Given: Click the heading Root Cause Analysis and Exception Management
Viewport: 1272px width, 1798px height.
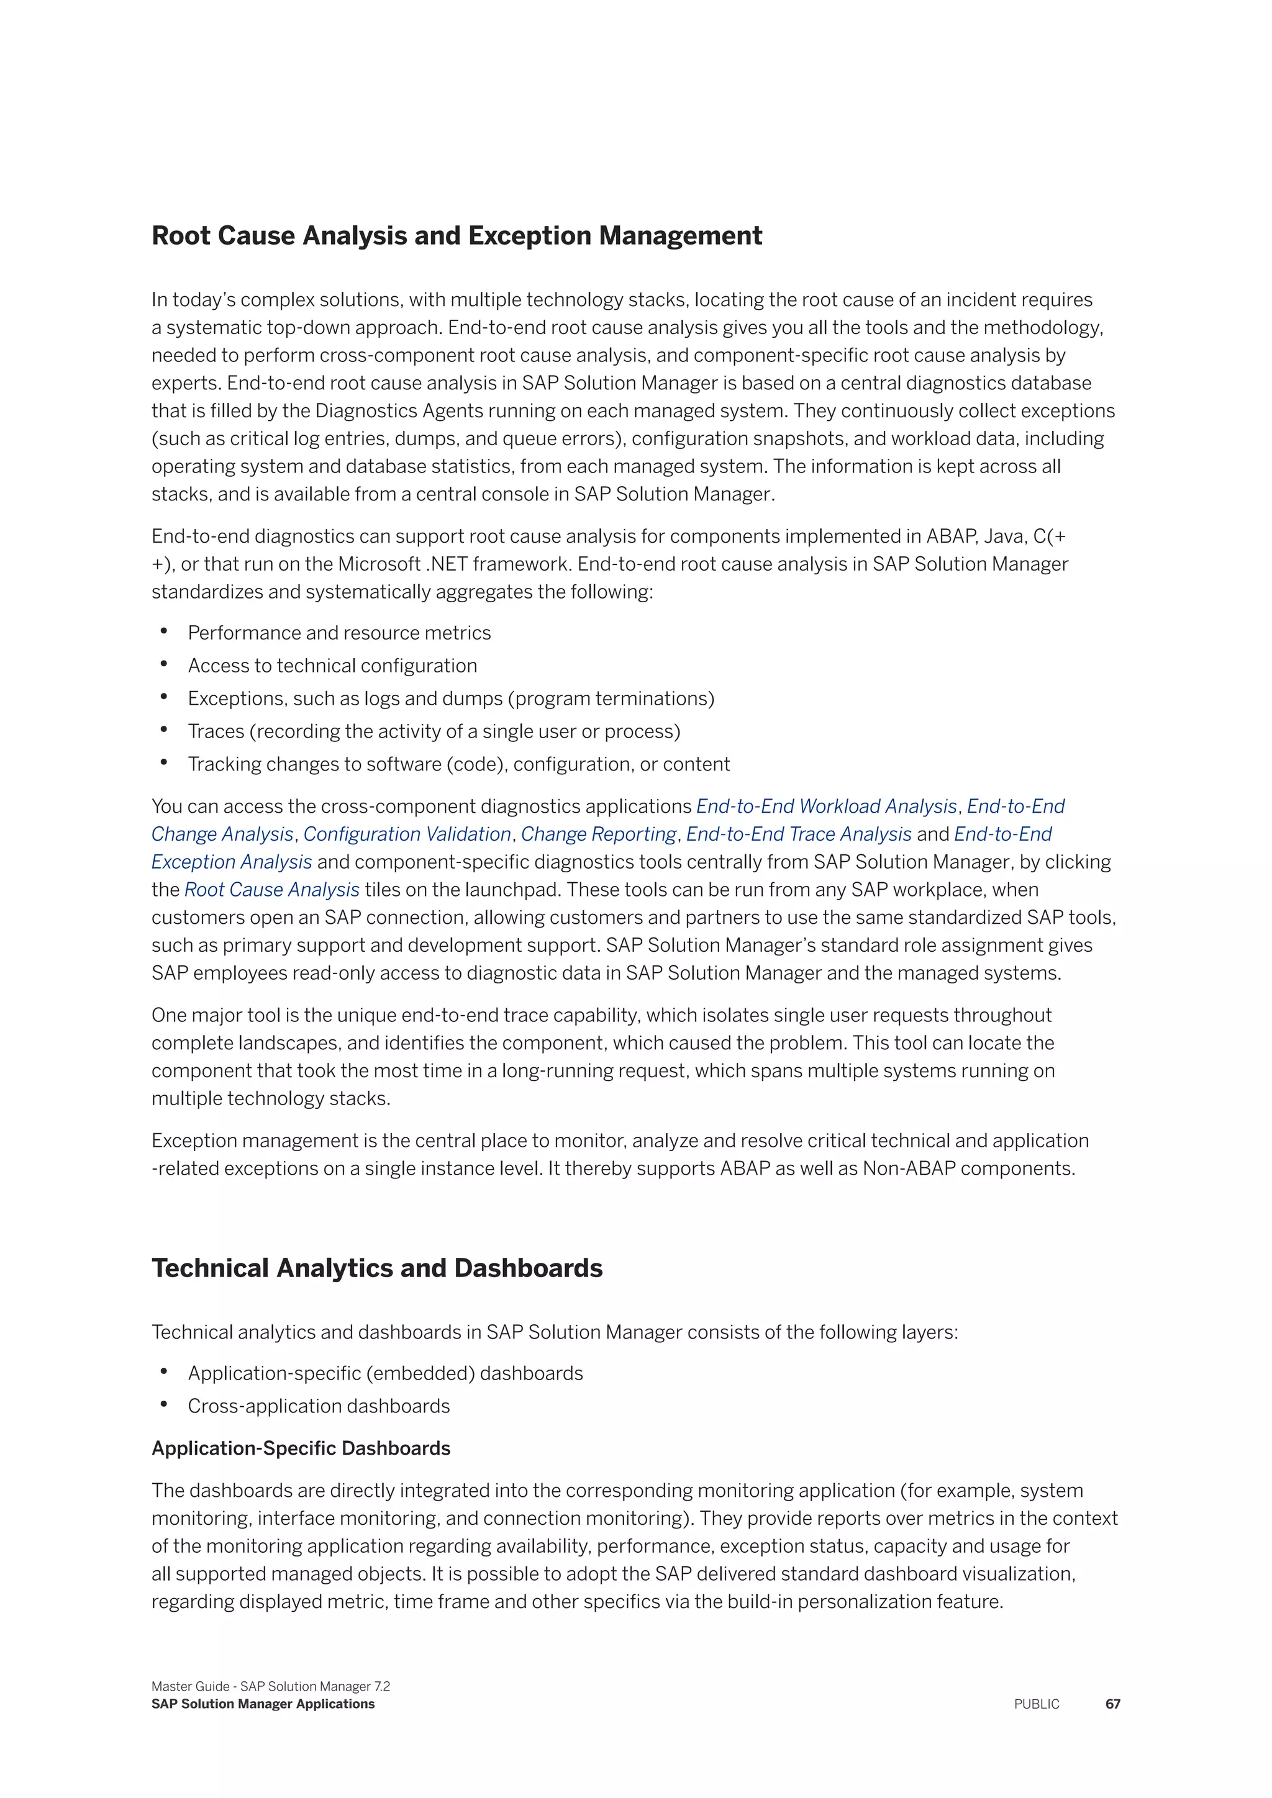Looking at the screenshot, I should (456, 236).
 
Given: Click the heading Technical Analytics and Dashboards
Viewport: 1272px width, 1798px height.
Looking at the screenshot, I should (377, 1268).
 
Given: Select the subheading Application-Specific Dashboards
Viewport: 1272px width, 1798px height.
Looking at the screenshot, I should (301, 1448).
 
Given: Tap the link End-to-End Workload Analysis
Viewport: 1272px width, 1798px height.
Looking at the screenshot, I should (826, 806).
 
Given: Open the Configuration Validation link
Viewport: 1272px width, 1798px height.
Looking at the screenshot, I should (407, 834).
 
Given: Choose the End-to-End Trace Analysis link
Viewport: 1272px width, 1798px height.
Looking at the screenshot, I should (799, 834).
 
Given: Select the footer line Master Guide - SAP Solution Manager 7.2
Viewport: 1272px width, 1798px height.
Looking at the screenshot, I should (270, 1686).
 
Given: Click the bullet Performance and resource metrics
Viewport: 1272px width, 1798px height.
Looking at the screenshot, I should (339, 633).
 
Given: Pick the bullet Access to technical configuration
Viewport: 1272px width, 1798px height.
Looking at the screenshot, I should (332, 666).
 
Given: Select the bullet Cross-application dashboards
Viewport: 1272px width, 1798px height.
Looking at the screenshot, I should (319, 1406).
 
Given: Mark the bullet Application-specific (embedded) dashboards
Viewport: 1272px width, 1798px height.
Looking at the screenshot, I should (385, 1373).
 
